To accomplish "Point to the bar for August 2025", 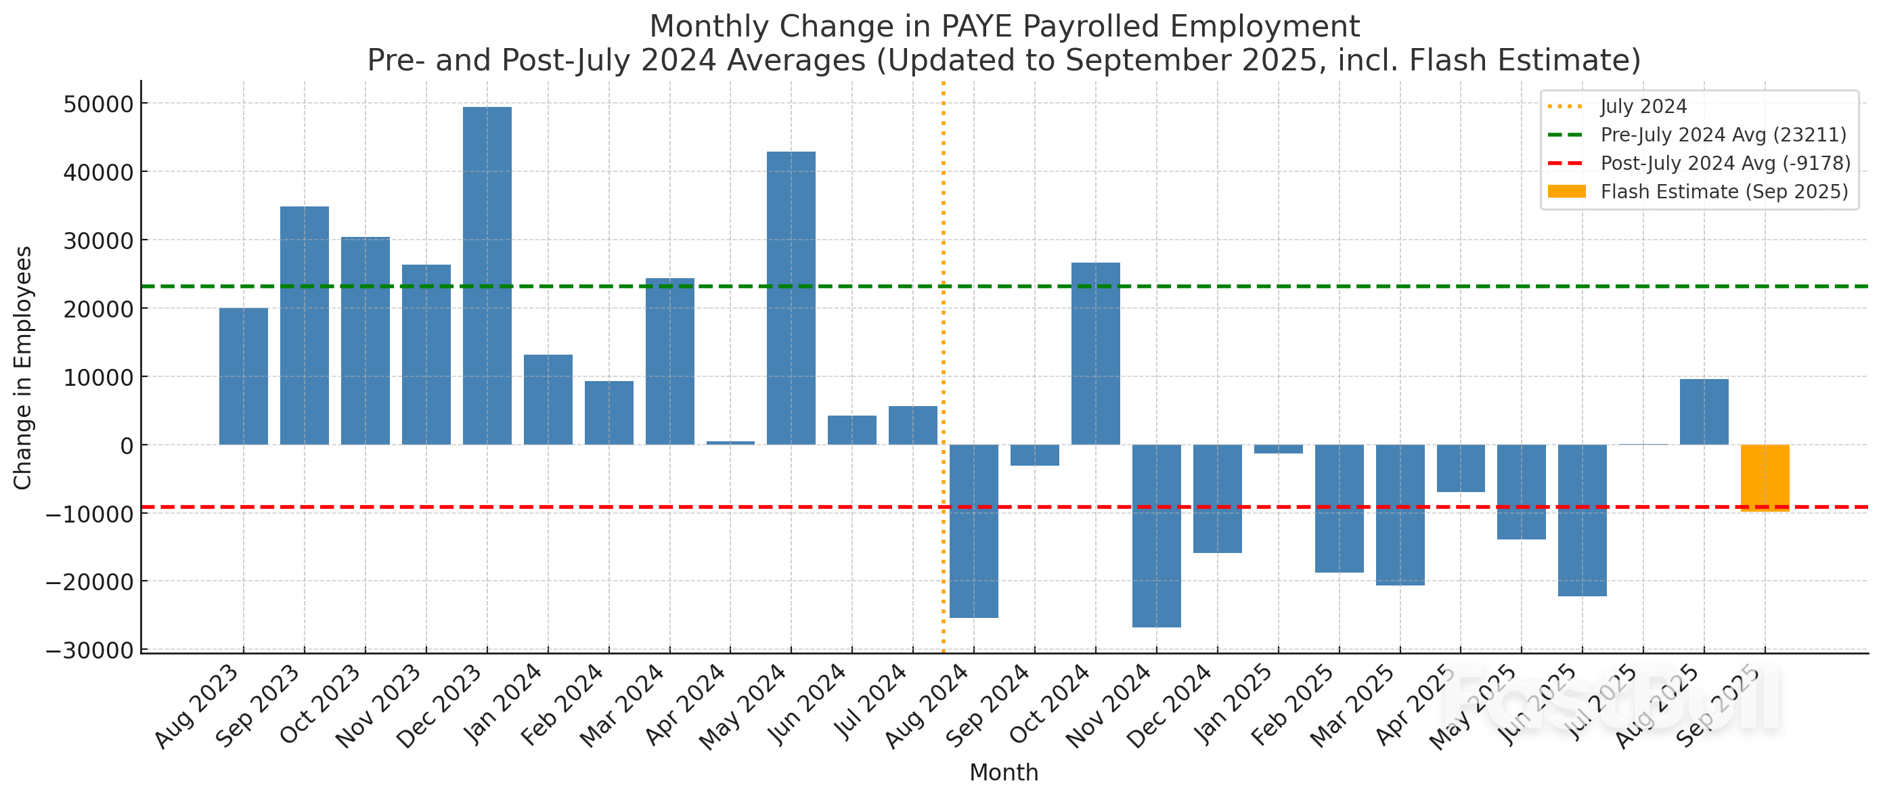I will (1704, 412).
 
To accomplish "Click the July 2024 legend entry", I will (1643, 106).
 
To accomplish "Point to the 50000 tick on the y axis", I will (98, 104).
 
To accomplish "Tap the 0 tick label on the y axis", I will (127, 445).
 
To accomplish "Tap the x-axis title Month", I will (1003, 772).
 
